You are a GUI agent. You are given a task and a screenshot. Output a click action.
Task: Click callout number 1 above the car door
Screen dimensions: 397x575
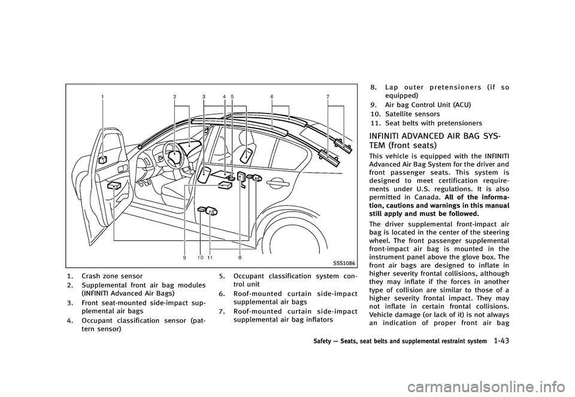point(102,96)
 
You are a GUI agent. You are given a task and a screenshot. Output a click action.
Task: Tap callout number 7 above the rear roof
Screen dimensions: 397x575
point(328,96)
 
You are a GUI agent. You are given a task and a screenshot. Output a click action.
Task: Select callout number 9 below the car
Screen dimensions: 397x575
point(185,256)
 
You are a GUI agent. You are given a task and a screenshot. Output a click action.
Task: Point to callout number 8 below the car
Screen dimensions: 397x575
point(240,256)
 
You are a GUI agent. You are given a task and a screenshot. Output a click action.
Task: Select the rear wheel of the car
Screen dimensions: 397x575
point(317,236)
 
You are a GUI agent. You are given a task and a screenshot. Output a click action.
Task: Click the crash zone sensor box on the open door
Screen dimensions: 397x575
point(103,160)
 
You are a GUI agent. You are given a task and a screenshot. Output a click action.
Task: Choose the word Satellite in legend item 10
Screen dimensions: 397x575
point(395,114)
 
